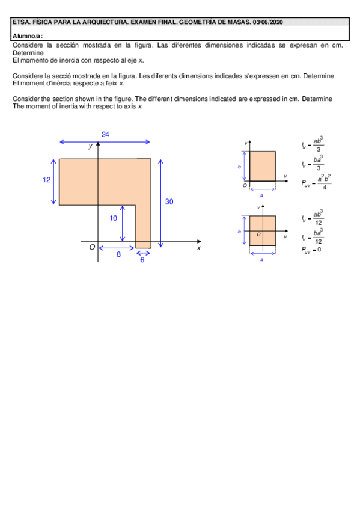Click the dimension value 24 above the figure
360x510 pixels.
105,134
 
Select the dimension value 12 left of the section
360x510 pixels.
46,180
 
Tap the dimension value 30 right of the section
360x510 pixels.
169,202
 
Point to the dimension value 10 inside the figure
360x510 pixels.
113,218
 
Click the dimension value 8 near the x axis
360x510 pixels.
118,254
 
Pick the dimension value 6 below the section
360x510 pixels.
142,259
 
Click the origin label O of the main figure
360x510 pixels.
92,247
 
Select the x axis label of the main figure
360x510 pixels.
198,247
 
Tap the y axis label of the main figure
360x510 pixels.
90,146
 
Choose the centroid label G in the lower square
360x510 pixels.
258,234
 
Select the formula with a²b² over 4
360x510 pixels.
316,183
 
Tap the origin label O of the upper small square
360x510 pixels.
245,185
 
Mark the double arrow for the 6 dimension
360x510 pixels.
143,252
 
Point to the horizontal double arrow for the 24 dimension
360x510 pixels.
105,142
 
